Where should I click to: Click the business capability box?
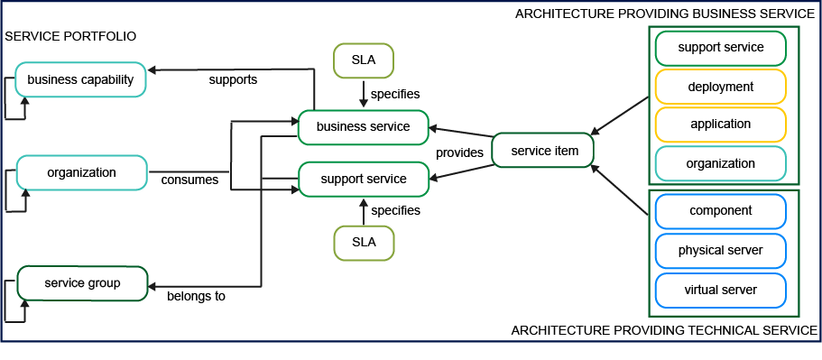[x=80, y=79]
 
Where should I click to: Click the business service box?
[x=363, y=127]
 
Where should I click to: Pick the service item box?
[x=543, y=151]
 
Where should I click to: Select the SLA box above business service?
[x=363, y=60]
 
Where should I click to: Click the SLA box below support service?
[x=363, y=243]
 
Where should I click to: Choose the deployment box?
[x=720, y=87]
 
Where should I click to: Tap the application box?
[x=720, y=125]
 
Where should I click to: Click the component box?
[x=720, y=211]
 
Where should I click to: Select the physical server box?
[x=720, y=250]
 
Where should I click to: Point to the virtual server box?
[x=720, y=290]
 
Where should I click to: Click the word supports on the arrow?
[x=233, y=79]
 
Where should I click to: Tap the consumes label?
[x=189, y=180]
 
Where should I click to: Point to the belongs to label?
[x=197, y=295]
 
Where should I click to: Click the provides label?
[x=460, y=153]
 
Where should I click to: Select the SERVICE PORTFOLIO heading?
[x=70, y=36]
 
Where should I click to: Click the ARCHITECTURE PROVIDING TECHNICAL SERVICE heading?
[x=664, y=330]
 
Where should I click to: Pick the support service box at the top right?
[x=720, y=47]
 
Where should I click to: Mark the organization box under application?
[x=720, y=163]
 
